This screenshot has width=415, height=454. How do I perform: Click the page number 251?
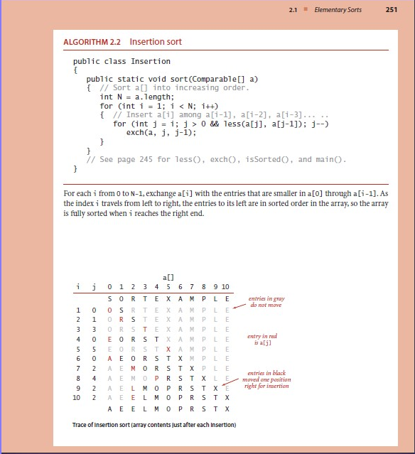[391, 9]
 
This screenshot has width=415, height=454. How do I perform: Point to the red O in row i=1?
[110, 310]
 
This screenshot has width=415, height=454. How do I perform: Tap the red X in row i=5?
[168, 350]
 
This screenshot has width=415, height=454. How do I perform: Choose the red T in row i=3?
[144, 330]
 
